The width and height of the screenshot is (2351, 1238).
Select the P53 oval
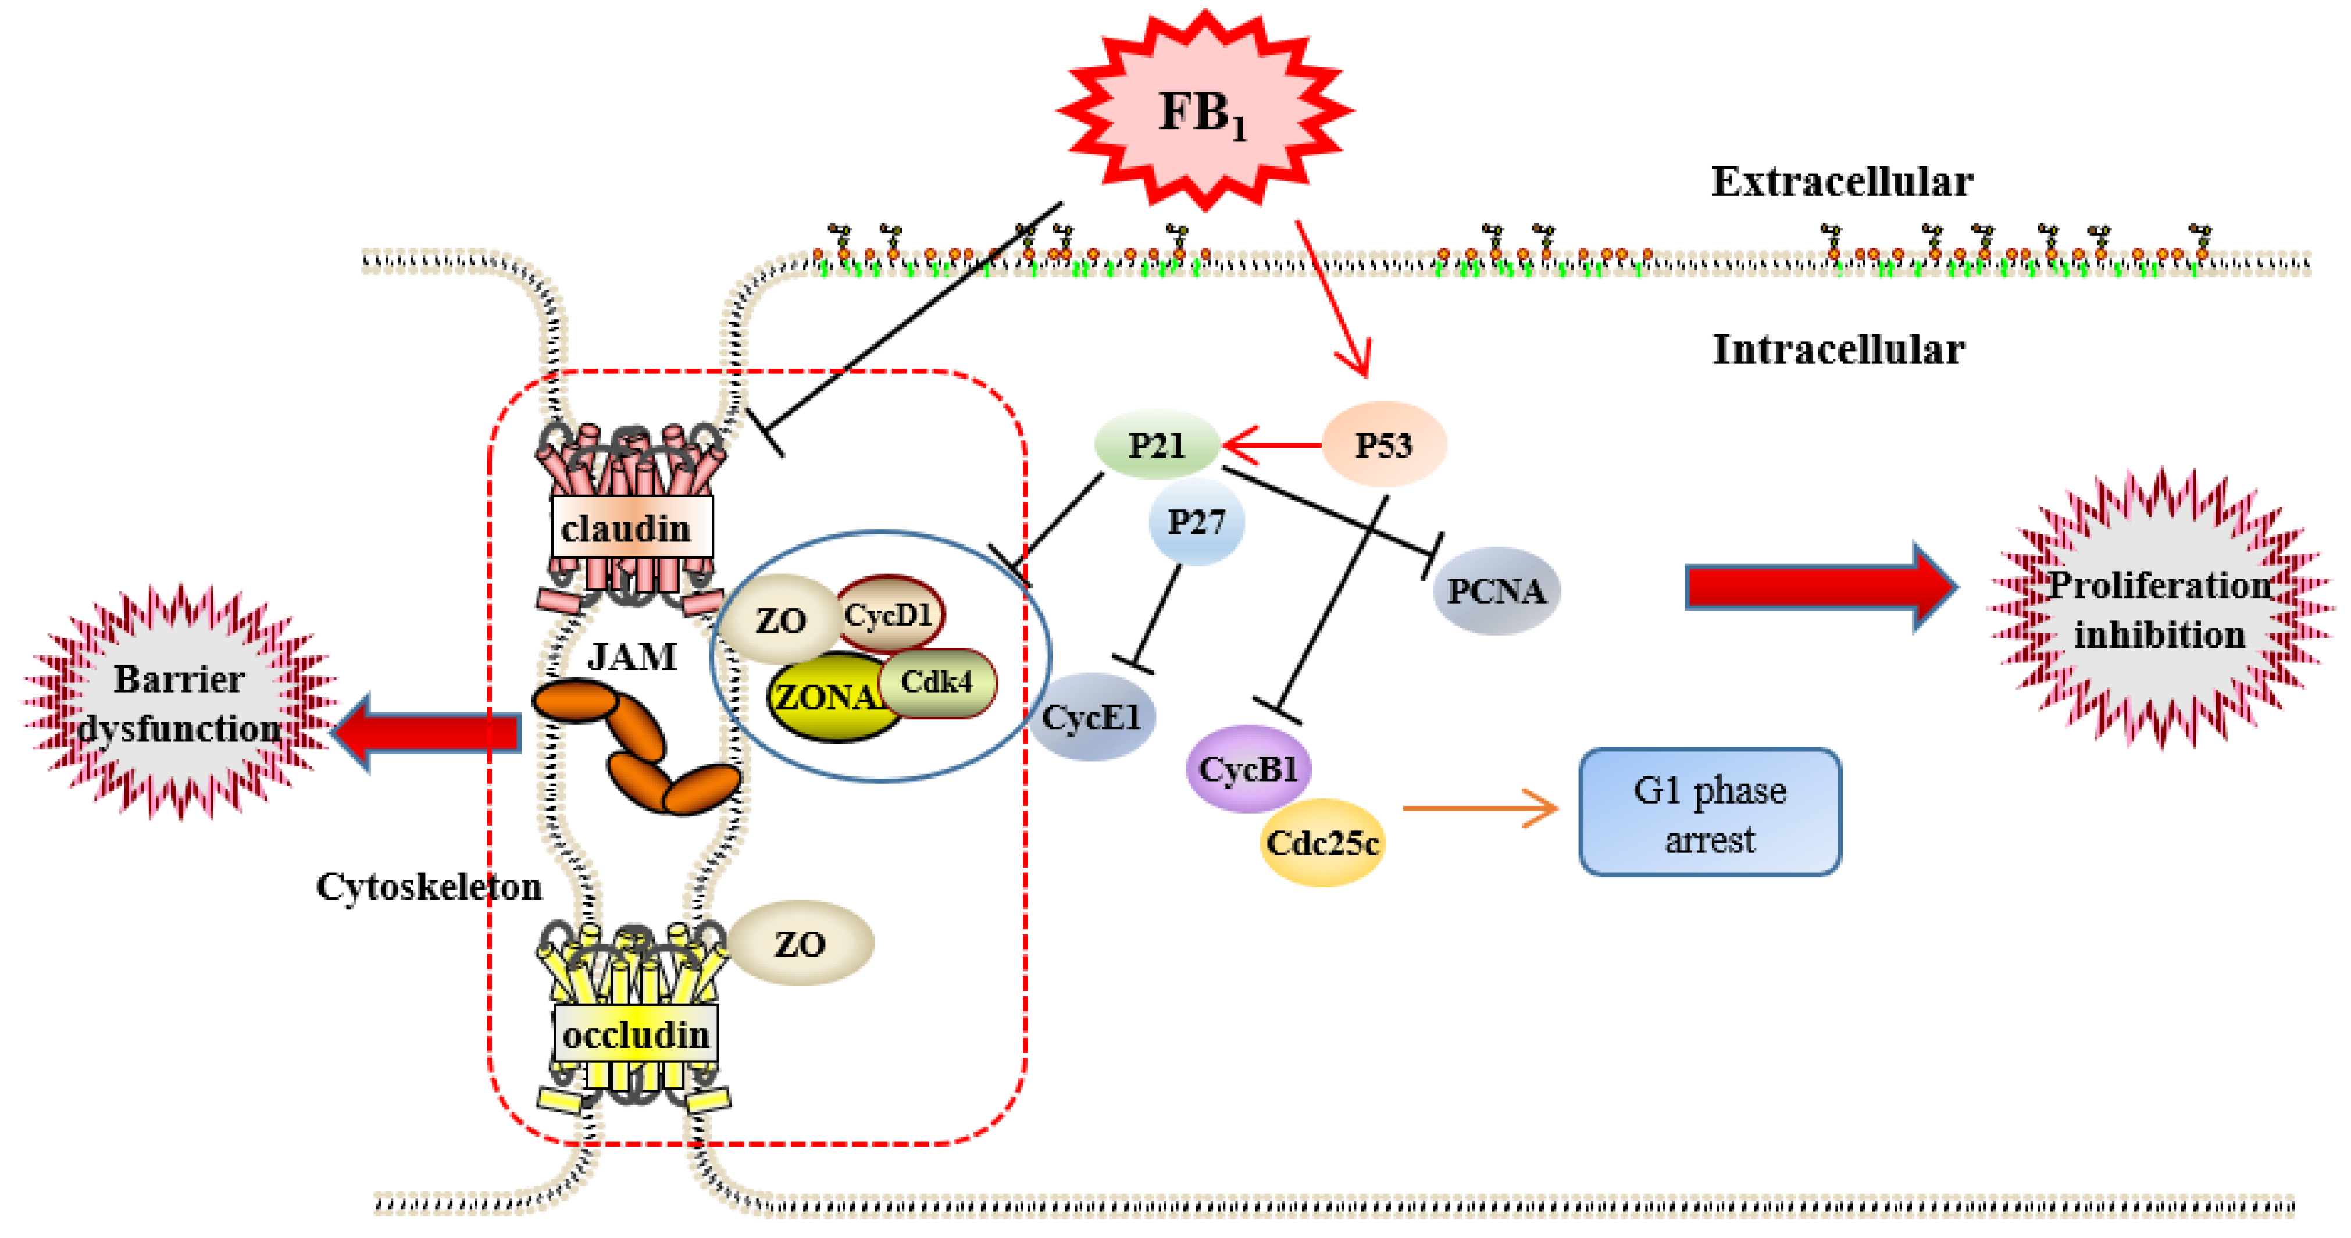[1383, 445]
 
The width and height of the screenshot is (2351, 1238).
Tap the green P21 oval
[1157, 445]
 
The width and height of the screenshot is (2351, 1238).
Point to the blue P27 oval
[1196, 522]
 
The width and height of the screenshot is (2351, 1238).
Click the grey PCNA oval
[1496, 591]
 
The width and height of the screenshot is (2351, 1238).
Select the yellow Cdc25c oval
[1322, 843]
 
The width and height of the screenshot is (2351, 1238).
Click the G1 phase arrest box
[1710, 812]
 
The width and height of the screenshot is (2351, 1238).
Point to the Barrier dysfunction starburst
[179, 703]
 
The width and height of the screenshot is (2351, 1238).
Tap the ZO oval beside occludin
[800, 943]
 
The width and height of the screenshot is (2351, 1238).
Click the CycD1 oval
[890, 613]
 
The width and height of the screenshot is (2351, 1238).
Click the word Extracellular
[1841, 181]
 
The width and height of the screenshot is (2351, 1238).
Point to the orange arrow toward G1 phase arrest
[1479, 808]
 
